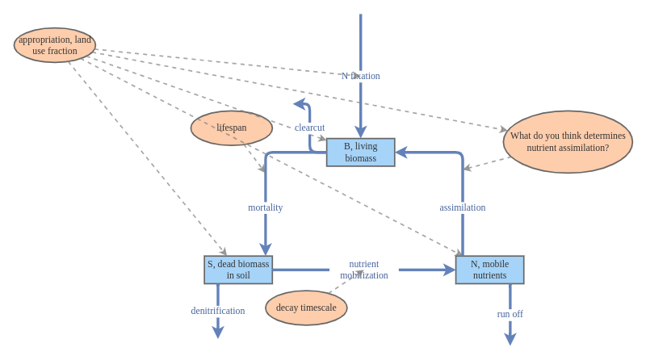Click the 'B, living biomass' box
click(360, 152)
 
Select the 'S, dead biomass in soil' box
click(238, 270)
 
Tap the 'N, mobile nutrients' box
click(489, 270)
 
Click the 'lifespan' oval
click(232, 128)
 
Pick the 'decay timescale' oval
click(306, 308)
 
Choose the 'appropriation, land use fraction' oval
click(55, 45)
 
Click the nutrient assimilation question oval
click(568, 142)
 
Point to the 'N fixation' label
click(360, 76)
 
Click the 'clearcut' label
click(309, 128)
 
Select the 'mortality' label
click(265, 207)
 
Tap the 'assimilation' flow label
click(462, 207)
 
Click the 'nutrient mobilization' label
click(363, 270)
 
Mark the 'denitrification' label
click(217, 311)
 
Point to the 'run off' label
click(510, 314)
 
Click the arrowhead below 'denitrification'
click(217, 332)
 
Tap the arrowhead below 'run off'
click(510, 339)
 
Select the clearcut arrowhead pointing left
click(299, 103)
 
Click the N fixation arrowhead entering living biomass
click(360, 132)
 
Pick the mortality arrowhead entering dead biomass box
click(265, 249)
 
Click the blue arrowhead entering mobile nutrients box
click(449, 270)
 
